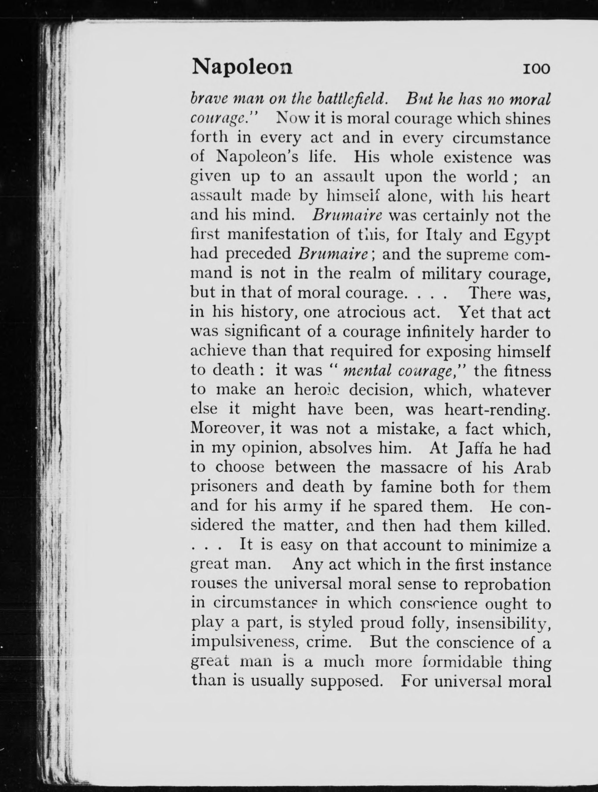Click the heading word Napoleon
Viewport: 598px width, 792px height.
point(242,67)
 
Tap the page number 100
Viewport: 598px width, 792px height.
point(536,68)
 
